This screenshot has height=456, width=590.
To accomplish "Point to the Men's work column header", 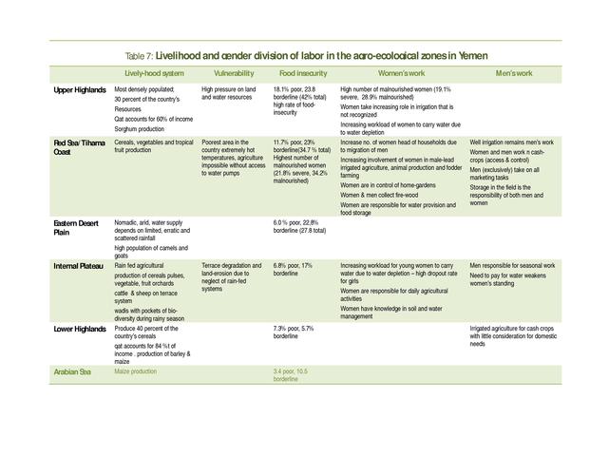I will (514, 73).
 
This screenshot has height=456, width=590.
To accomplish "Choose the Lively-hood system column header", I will (155, 73).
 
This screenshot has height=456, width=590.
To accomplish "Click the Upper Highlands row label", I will (79, 90).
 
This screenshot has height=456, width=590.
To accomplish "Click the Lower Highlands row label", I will (79, 329).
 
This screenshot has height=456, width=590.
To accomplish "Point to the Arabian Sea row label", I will (72, 370).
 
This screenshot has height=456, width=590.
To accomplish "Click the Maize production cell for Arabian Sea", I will (135, 370).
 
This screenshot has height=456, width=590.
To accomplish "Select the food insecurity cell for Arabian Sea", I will (291, 374).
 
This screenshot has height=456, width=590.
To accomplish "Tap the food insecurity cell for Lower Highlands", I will (294, 332).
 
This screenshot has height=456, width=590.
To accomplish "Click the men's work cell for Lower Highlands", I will (512, 335).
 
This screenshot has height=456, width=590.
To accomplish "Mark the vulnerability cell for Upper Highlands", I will (228, 93).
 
